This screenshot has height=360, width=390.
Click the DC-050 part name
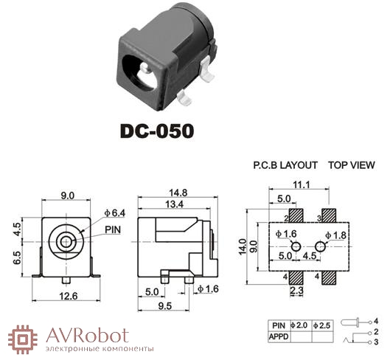click(x=157, y=131)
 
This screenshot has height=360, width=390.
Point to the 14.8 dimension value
click(x=178, y=193)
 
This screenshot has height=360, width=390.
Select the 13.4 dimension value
click(x=174, y=204)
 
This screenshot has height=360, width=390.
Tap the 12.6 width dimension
click(x=68, y=296)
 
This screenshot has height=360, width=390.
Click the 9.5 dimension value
click(x=164, y=306)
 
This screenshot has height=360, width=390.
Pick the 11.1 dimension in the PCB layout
click(x=302, y=184)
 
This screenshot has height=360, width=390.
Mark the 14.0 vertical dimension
click(x=243, y=246)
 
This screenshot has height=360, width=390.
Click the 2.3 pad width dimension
click(x=296, y=291)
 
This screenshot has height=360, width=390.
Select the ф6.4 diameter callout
click(x=115, y=213)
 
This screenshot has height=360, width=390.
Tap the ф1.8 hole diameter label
click(x=335, y=235)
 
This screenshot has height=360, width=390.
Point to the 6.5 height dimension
click(x=17, y=257)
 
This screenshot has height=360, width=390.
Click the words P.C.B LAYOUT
click(x=285, y=165)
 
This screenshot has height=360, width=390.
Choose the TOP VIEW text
click(x=352, y=165)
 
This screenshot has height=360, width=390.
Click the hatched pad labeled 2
click(x=296, y=215)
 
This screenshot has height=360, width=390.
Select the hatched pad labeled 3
click(x=329, y=215)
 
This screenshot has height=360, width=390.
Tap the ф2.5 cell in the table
click(x=322, y=325)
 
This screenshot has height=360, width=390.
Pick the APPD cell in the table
click(x=279, y=337)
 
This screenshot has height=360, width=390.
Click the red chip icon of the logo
click(x=23, y=339)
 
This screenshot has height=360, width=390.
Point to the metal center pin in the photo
click(x=144, y=68)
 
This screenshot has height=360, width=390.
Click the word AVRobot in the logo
click(x=87, y=336)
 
